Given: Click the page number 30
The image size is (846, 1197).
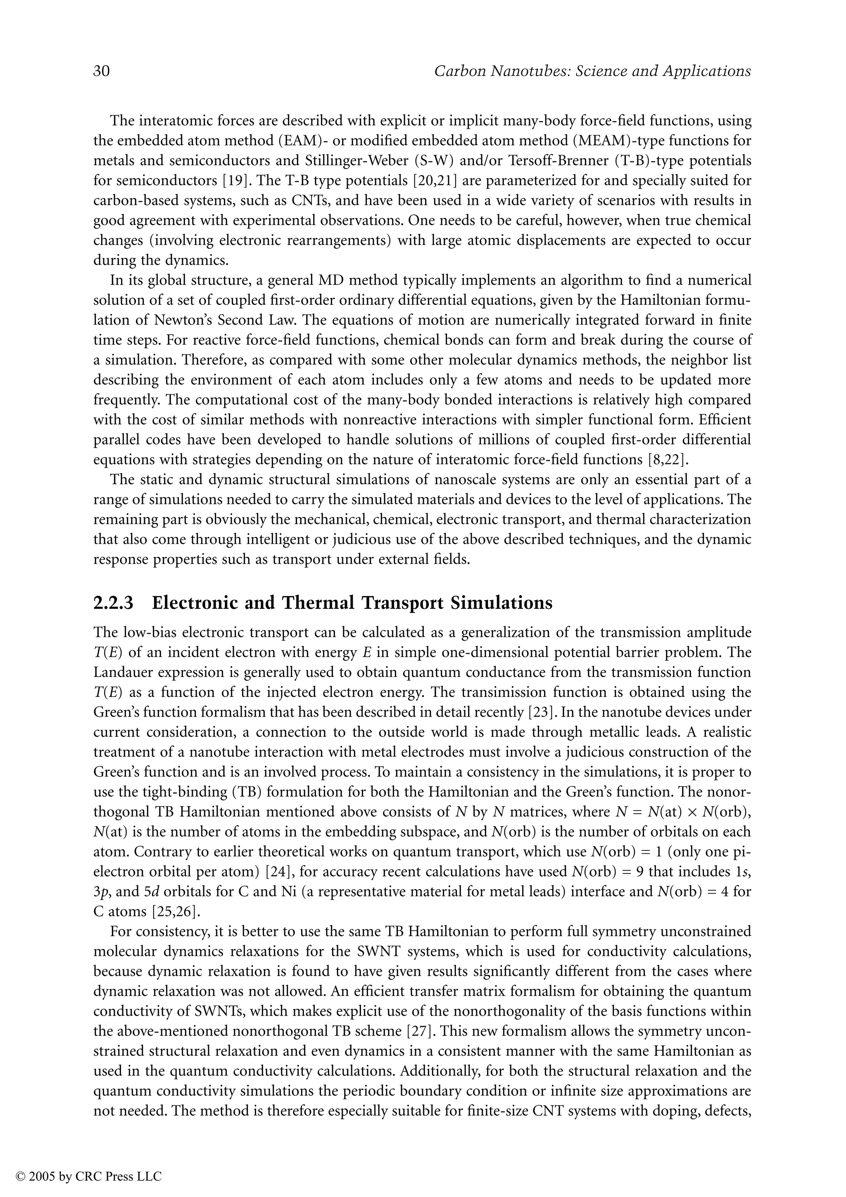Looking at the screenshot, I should click(102, 71).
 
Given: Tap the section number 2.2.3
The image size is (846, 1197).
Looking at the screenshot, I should click(113, 603).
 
